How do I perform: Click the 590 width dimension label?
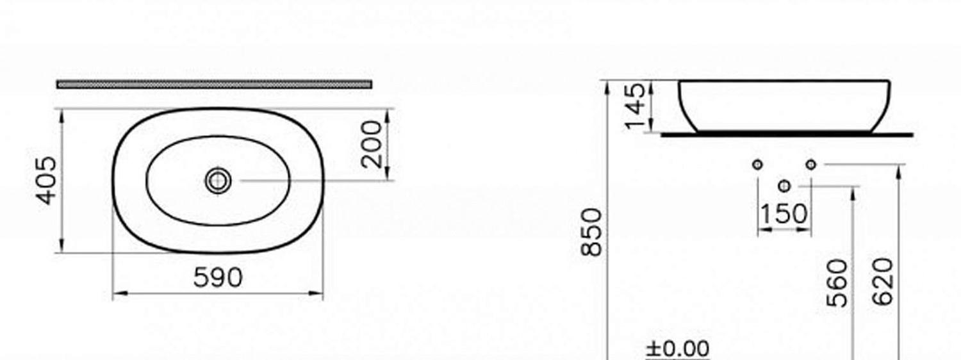click(x=218, y=277)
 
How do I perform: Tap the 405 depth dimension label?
click(x=47, y=181)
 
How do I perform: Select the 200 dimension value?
click(x=372, y=144)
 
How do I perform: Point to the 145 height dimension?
click(x=636, y=106)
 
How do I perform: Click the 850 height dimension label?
click(x=593, y=232)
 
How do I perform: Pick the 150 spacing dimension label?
click(x=784, y=214)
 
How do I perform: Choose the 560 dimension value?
click(x=838, y=282)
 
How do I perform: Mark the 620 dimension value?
click(x=883, y=282)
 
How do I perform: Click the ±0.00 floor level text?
click(x=678, y=349)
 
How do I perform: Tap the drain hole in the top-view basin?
click(x=218, y=181)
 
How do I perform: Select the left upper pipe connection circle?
click(x=758, y=165)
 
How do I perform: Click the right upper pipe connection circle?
click(x=811, y=165)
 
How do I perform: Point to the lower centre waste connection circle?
click(x=785, y=186)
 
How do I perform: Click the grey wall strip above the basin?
click(x=214, y=84)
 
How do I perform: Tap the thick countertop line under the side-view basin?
click(x=787, y=135)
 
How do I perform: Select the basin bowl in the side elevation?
click(x=784, y=106)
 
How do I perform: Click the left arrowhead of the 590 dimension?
click(x=117, y=294)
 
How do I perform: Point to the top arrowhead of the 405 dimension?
click(x=62, y=113)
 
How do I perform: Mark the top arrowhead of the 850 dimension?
click(x=607, y=85)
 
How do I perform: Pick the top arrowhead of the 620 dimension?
click(x=899, y=169)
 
